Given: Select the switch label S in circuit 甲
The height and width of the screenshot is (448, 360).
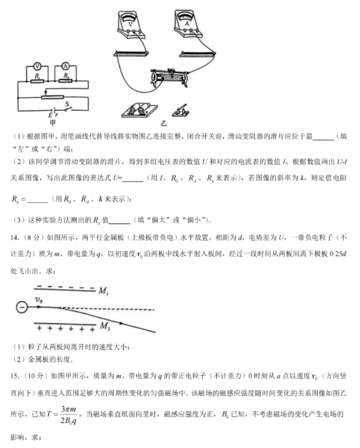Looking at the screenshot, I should click(67, 104).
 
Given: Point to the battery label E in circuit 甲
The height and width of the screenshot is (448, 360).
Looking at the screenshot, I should click(50, 115).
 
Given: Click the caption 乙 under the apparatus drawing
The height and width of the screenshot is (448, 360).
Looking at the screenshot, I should click(164, 124).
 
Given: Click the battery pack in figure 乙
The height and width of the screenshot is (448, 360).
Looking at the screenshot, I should click(136, 109).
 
